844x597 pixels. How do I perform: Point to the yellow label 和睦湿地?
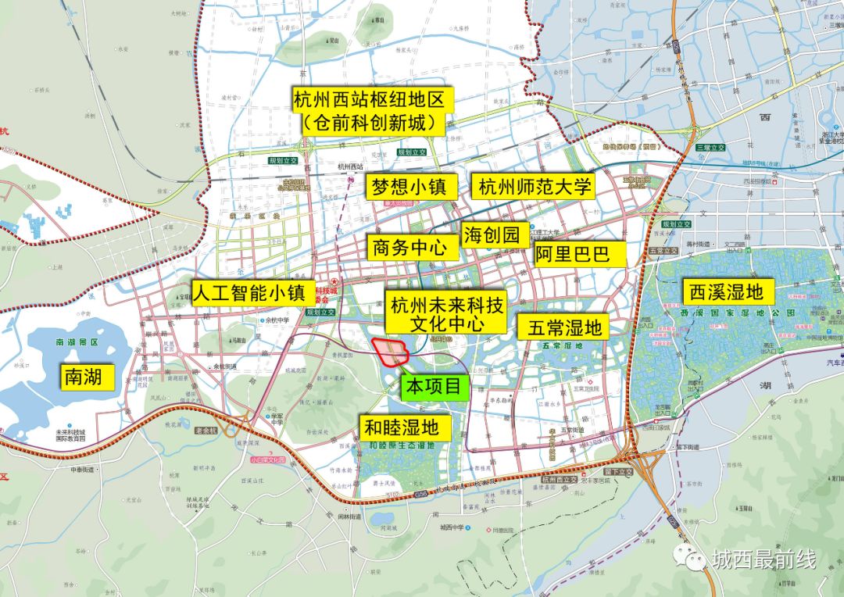(x=406, y=427)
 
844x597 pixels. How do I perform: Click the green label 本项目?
(x=435, y=387)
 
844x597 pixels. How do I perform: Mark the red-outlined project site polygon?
(x=391, y=352)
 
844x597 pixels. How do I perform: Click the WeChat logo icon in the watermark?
(x=692, y=558)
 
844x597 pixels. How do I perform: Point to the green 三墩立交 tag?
(x=711, y=147)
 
